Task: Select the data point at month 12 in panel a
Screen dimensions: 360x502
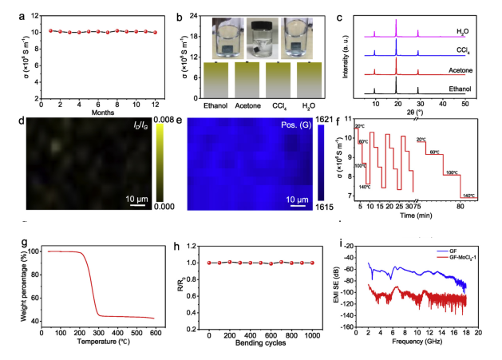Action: coord(155,33)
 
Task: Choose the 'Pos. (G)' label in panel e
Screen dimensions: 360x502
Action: coord(293,126)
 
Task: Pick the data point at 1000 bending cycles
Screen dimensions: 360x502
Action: coord(312,263)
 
